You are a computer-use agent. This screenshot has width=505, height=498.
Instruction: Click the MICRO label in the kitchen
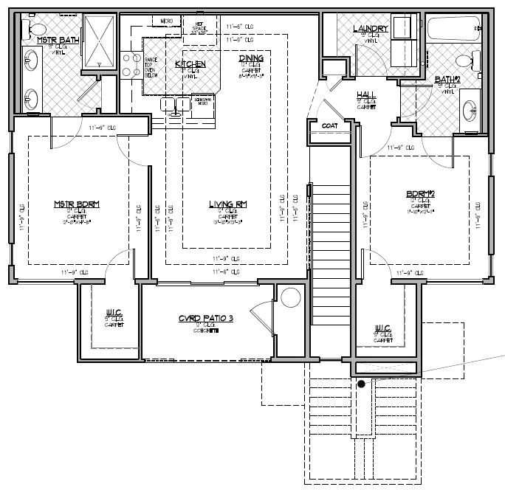[x=167, y=21]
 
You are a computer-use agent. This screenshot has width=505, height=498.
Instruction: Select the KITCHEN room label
[x=190, y=65]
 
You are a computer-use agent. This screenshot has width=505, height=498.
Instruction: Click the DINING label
[x=252, y=58]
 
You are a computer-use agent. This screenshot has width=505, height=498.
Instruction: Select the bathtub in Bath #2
[x=453, y=30]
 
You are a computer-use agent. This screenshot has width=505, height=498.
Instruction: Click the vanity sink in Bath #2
[x=470, y=113]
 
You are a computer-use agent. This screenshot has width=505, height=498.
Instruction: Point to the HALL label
[x=366, y=95]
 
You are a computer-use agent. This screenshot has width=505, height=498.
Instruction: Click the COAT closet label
[x=329, y=125]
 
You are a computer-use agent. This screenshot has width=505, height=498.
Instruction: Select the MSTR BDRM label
[x=77, y=204]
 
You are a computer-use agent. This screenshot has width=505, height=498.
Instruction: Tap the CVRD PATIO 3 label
[x=206, y=319]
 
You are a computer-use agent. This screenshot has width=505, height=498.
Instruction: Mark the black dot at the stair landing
[x=361, y=384]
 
